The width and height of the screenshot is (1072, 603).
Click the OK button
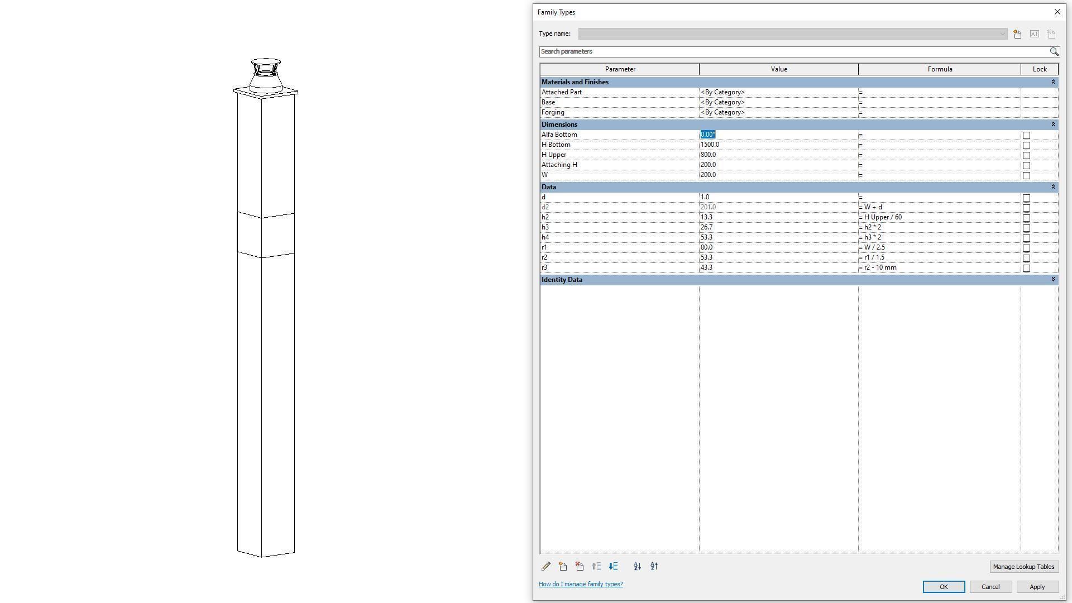tap(944, 587)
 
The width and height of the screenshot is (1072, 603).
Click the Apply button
tap(1037, 587)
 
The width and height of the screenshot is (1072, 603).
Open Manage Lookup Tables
tap(1023, 567)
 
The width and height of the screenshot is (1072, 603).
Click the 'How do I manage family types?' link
tap(581, 584)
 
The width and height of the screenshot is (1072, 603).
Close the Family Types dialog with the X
tap(1057, 12)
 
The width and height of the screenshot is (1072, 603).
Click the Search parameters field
tap(793, 51)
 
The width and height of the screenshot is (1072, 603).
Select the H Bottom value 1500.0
tap(710, 145)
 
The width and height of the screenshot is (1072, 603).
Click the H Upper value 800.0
tap(709, 155)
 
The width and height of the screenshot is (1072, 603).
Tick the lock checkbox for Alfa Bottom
tap(1026, 135)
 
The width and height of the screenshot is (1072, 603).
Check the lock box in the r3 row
tap(1026, 268)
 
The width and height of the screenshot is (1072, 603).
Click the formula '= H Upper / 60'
tap(882, 217)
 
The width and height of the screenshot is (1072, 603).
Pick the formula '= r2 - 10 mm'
tap(879, 267)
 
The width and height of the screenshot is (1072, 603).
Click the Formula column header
tap(940, 69)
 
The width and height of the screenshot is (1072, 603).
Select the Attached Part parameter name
tap(562, 92)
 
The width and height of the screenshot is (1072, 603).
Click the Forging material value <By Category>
tap(723, 112)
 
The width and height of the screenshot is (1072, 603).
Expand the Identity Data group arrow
tap(1053, 279)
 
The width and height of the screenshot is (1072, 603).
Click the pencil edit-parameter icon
tap(546, 566)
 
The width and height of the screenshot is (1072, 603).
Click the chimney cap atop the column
tap(266, 75)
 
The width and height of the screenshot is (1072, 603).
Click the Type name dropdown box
tap(792, 34)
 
